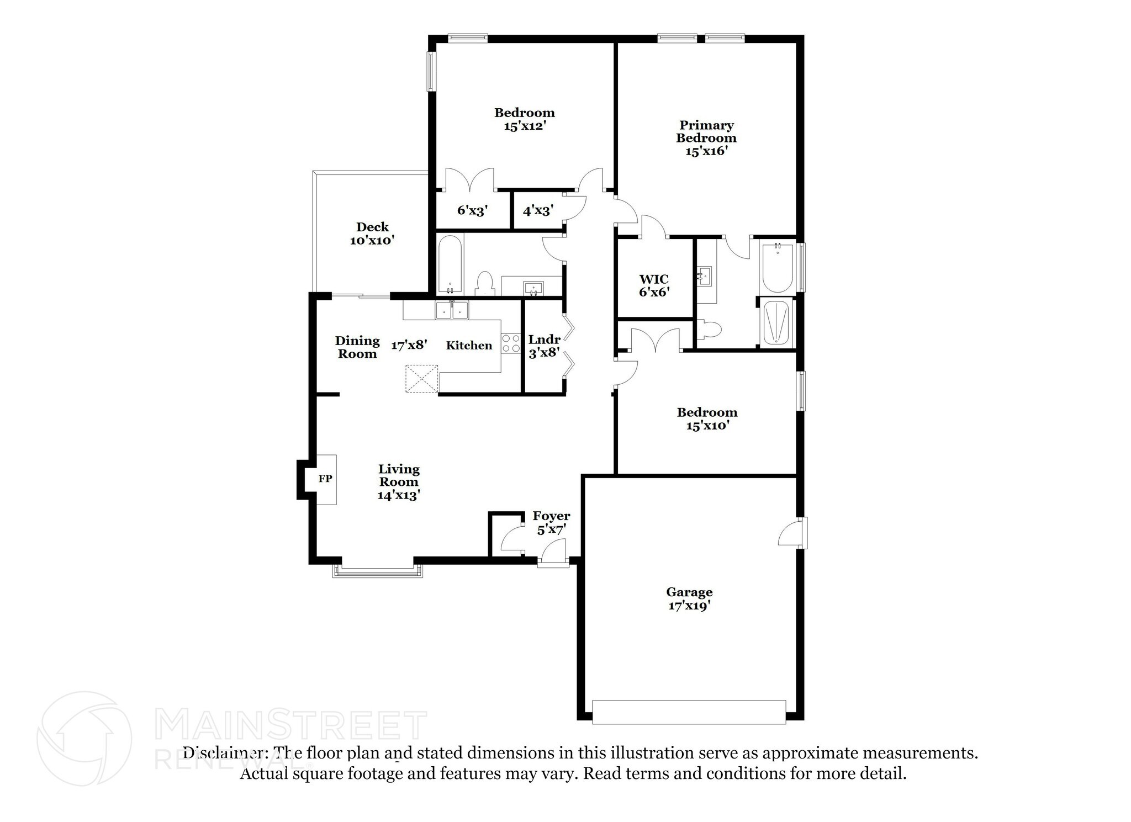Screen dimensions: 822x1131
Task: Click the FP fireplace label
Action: [x=325, y=479]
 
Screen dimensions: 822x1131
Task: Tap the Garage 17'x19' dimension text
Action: [x=689, y=606]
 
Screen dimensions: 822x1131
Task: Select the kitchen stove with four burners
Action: [x=511, y=343]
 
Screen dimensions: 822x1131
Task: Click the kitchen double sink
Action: [x=452, y=311]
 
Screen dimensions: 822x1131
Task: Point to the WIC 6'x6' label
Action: [x=654, y=285]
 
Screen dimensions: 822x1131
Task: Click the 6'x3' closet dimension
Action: [x=472, y=210]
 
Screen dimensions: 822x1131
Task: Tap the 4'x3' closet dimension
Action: [x=538, y=210]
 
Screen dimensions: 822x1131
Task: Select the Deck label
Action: [x=372, y=227]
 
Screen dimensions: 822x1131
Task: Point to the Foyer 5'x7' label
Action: [x=551, y=523]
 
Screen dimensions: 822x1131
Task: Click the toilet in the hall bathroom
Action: [x=485, y=283]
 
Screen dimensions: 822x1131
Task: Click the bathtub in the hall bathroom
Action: [x=450, y=265]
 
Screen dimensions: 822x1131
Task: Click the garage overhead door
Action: [x=689, y=712]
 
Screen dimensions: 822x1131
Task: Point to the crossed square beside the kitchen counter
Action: [x=422, y=379]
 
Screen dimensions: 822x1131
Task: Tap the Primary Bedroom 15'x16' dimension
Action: [x=706, y=151]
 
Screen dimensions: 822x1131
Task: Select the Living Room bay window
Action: [x=378, y=571]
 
